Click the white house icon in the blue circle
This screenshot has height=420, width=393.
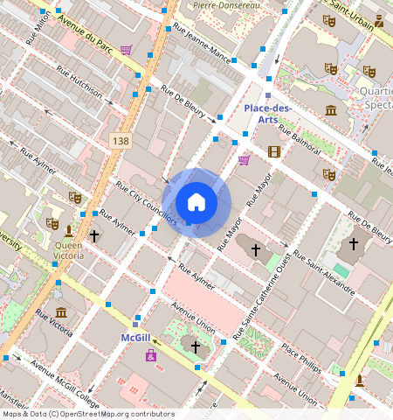(x=196, y=203)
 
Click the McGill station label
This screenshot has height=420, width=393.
(x=136, y=337)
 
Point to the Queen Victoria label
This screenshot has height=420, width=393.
(x=69, y=251)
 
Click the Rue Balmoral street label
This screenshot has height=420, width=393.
(x=300, y=143)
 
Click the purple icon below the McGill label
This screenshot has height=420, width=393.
(x=151, y=354)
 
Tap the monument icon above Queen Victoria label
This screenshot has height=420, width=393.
(x=69, y=230)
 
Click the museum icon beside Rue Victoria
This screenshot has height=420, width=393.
(x=60, y=312)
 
